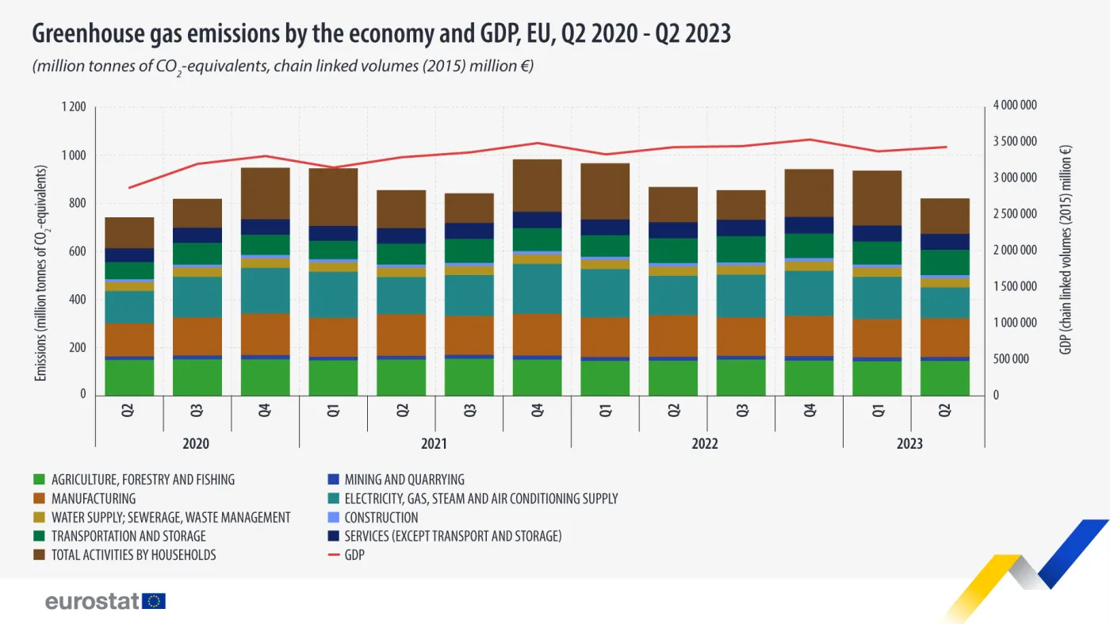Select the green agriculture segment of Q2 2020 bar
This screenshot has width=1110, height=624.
(x=130, y=377)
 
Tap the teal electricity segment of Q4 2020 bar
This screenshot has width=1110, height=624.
(x=266, y=291)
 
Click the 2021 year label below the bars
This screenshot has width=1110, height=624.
(x=434, y=444)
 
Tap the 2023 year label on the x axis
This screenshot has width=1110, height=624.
(x=910, y=444)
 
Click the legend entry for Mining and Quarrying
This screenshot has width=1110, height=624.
(x=404, y=480)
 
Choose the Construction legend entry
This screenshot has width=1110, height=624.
(x=381, y=518)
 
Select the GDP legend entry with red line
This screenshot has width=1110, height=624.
(x=354, y=555)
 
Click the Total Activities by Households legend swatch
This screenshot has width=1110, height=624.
(x=39, y=555)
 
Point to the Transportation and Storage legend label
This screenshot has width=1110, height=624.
(x=128, y=537)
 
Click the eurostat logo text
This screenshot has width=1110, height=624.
(x=92, y=601)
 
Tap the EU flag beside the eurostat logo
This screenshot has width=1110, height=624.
(x=154, y=601)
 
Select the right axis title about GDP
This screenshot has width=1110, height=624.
(x=1066, y=250)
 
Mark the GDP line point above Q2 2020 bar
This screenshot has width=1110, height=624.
(x=130, y=188)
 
